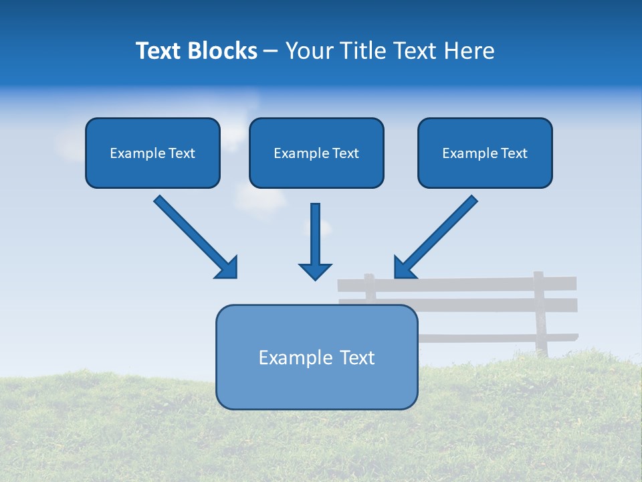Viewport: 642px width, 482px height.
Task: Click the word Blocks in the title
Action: coord(222,51)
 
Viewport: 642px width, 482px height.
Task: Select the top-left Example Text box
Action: coord(152,153)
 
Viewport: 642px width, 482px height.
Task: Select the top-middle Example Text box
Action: coord(316,153)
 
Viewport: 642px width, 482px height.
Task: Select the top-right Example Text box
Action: coord(485,153)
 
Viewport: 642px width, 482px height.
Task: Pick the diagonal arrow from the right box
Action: coord(437,236)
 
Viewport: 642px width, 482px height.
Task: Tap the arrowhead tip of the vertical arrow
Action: coord(315,277)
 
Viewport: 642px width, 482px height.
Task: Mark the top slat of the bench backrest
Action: coord(468,284)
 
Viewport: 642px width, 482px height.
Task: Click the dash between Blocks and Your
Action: coord(271,51)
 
